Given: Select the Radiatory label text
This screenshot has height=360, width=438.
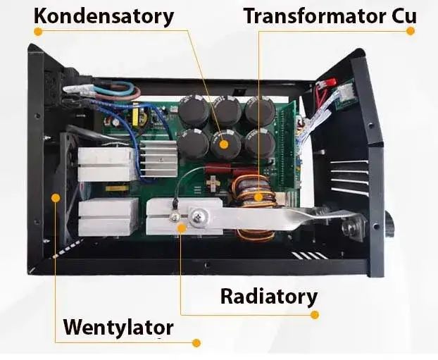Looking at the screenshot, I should click(x=268, y=296).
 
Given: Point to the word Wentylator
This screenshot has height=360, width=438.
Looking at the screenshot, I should click(x=118, y=327).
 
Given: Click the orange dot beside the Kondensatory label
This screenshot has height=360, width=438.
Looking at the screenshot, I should click(x=37, y=32).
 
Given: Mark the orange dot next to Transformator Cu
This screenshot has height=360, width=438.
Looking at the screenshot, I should click(x=411, y=32).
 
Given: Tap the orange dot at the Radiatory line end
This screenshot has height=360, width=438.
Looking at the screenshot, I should click(x=315, y=315).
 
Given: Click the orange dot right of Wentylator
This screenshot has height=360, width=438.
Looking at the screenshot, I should click(x=196, y=342).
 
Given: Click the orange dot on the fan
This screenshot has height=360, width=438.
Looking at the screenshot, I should click(x=56, y=198).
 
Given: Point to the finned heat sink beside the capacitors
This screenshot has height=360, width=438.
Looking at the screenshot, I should click(x=157, y=159).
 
